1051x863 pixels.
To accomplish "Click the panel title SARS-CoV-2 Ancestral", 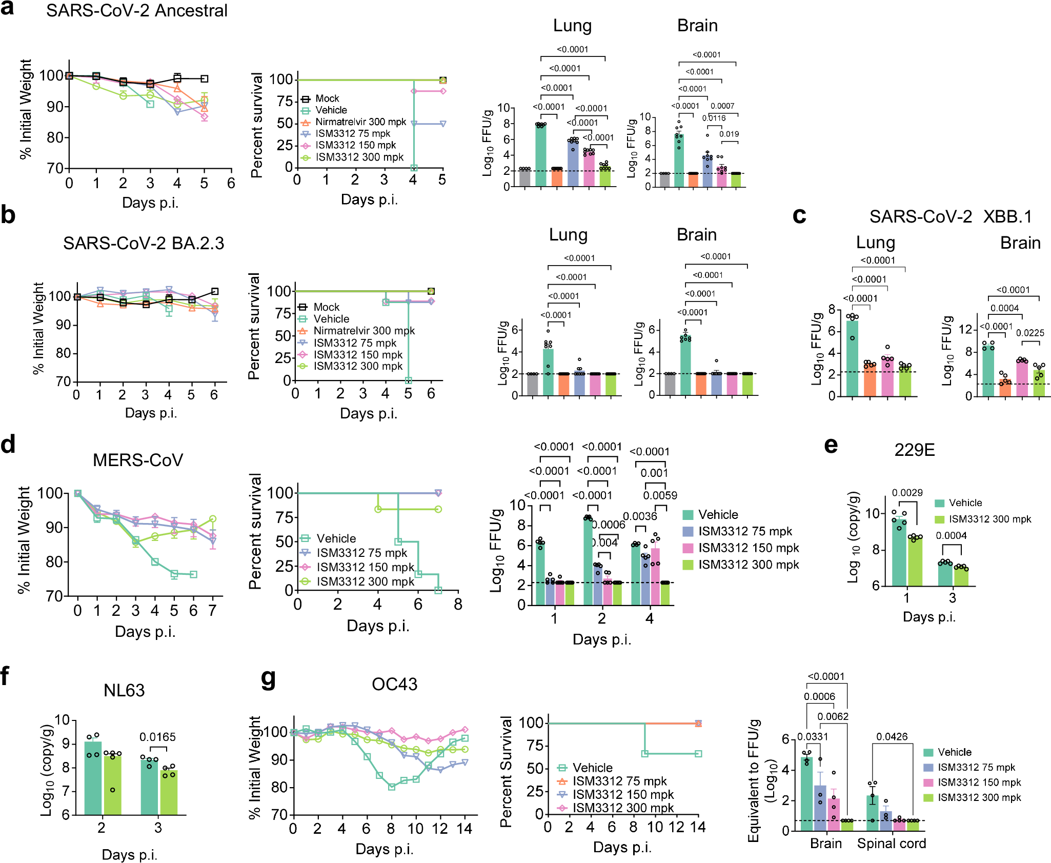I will pyautogui.click(x=136, y=11).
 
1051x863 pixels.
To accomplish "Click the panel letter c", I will pyautogui.click(x=799, y=215).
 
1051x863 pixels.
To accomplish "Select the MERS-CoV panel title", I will pyautogui.click(x=137, y=460).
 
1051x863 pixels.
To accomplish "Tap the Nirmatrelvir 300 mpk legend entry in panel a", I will pyautogui.click(x=360, y=122).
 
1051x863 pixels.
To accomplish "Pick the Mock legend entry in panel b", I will pyautogui.click(x=327, y=307).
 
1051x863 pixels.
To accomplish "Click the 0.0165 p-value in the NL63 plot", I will pyautogui.click(x=157, y=737).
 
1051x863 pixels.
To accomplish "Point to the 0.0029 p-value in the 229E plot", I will pyautogui.click(x=907, y=493).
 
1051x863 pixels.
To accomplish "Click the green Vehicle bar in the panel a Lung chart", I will pyautogui.click(x=540, y=154).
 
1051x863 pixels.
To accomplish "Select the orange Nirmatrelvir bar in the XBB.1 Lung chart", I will pyautogui.click(x=870, y=379).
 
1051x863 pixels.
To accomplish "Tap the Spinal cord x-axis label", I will pyautogui.click(x=891, y=844).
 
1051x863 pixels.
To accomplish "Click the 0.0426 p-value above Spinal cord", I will pyautogui.click(x=892, y=737).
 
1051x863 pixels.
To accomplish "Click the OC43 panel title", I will pyautogui.click(x=394, y=684).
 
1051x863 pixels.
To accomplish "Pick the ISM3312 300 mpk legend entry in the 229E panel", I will pyautogui.click(x=989, y=519).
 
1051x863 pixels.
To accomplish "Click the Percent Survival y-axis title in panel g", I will pyautogui.click(x=506, y=771).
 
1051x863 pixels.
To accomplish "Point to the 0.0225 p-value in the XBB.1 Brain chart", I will pyautogui.click(x=1030, y=333).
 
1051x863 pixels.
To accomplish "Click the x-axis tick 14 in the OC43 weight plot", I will pyautogui.click(x=464, y=829).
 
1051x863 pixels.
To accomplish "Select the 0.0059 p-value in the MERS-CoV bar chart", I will pyautogui.click(x=660, y=495).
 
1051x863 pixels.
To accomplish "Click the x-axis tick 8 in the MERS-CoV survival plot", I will pyautogui.click(x=458, y=605).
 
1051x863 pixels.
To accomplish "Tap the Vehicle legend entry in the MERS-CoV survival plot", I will pyautogui.click(x=336, y=538).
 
